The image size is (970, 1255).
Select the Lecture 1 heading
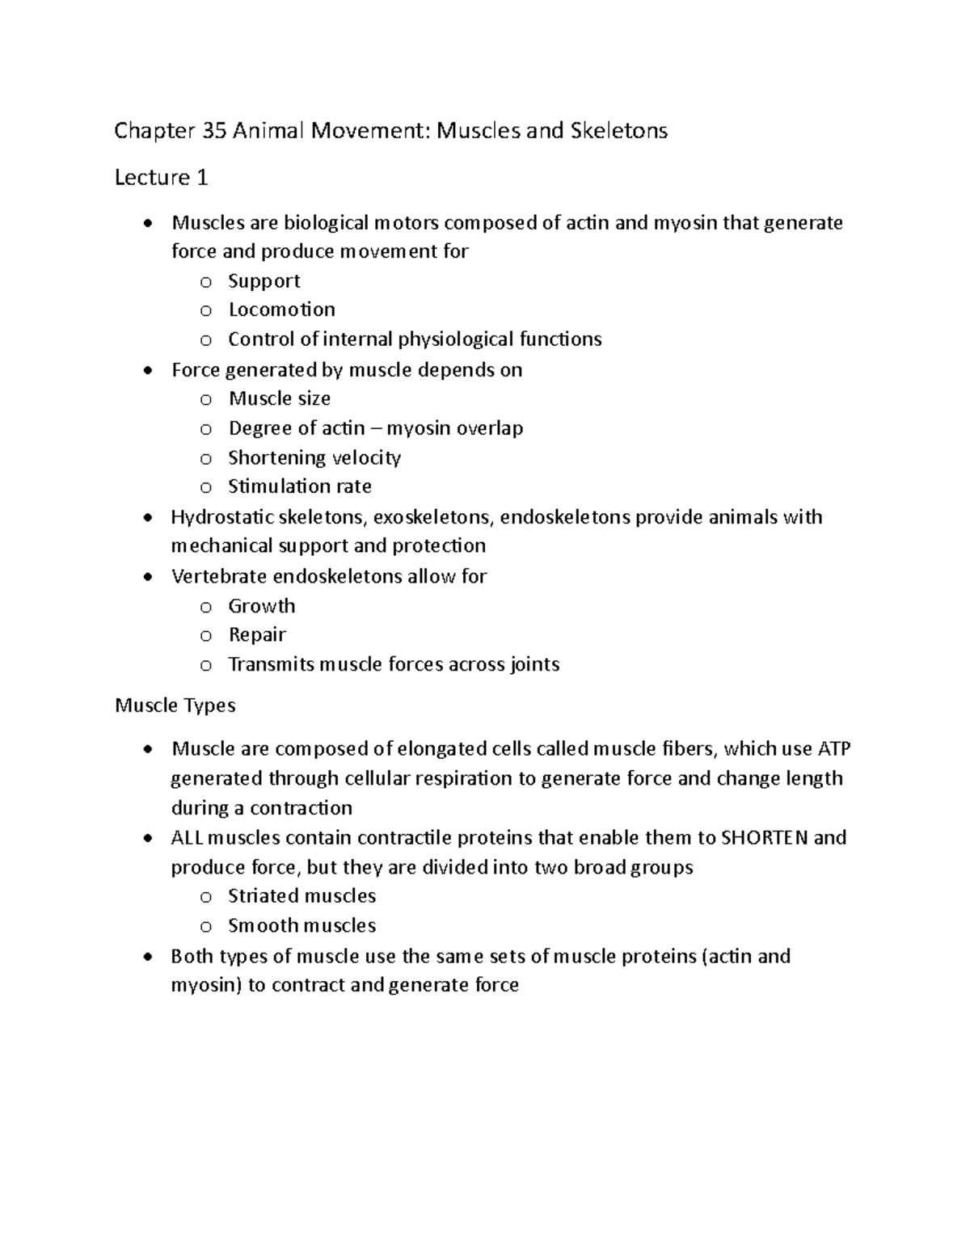click(x=162, y=177)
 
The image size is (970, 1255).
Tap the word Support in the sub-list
click(x=264, y=281)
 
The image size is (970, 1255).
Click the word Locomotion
click(x=281, y=310)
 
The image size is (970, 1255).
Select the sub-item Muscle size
click(x=279, y=398)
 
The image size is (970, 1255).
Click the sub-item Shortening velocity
click(x=314, y=457)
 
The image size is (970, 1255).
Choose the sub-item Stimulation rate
click(x=299, y=486)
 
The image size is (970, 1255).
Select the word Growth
click(x=261, y=606)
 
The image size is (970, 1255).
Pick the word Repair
click(x=257, y=635)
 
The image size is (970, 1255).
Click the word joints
click(x=534, y=665)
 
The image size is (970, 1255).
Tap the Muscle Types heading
click(x=175, y=705)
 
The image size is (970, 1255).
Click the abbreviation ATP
click(x=833, y=749)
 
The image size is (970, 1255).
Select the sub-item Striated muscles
click(x=302, y=896)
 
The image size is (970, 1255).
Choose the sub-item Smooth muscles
click(x=302, y=925)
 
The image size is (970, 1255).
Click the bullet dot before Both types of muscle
click(x=145, y=958)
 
